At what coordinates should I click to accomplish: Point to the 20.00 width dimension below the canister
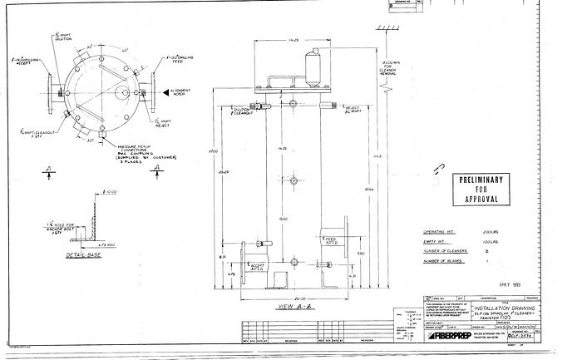tap(288, 294)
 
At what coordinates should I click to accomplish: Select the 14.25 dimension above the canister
tap(293, 39)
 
